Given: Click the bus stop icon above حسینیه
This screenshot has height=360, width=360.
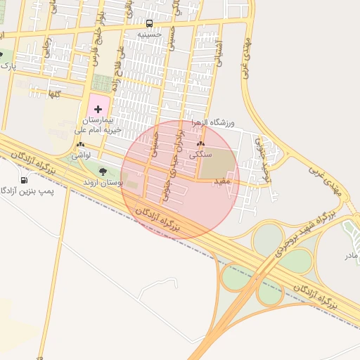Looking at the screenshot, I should pos(148,23).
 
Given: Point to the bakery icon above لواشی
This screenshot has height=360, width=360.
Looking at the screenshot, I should pos(80,145).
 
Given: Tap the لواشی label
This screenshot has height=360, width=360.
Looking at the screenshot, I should pos(81,155).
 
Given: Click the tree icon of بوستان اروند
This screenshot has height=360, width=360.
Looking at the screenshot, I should pos(103,172).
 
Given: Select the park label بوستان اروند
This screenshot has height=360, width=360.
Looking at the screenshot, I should pos(103,182).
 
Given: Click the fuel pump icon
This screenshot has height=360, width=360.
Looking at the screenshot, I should pos(25,180).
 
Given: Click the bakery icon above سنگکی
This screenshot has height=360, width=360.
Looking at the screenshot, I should pos(200,145).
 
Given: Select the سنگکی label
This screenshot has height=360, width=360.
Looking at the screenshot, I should pos(200,155).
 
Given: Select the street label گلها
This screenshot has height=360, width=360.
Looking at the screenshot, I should pos(53,93).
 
